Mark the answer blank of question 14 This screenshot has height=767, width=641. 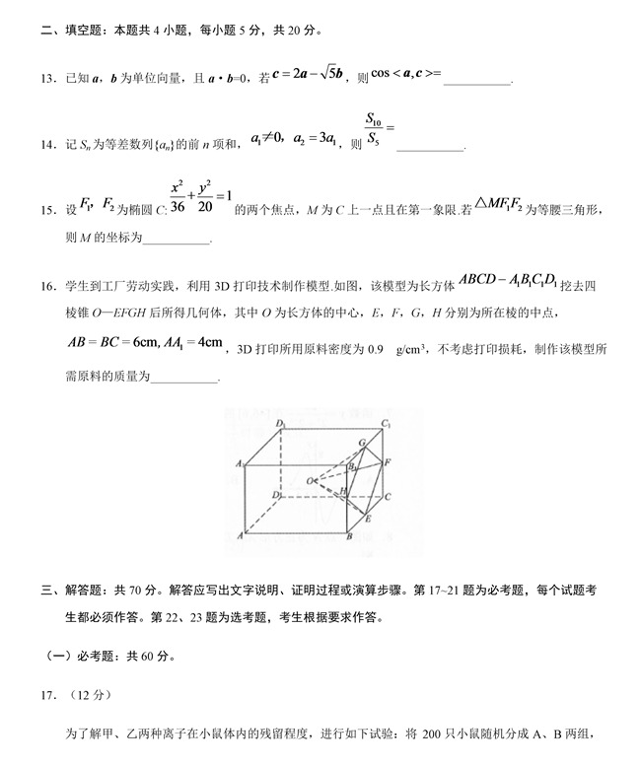click(x=429, y=148)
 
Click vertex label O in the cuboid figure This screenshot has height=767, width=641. click(x=310, y=480)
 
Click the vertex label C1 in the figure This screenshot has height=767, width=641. click(x=388, y=425)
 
